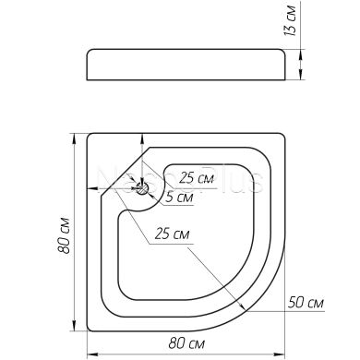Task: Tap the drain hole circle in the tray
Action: click(143, 188)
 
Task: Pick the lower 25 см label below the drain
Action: click(173, 234)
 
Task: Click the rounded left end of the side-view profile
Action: click(87, 65)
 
